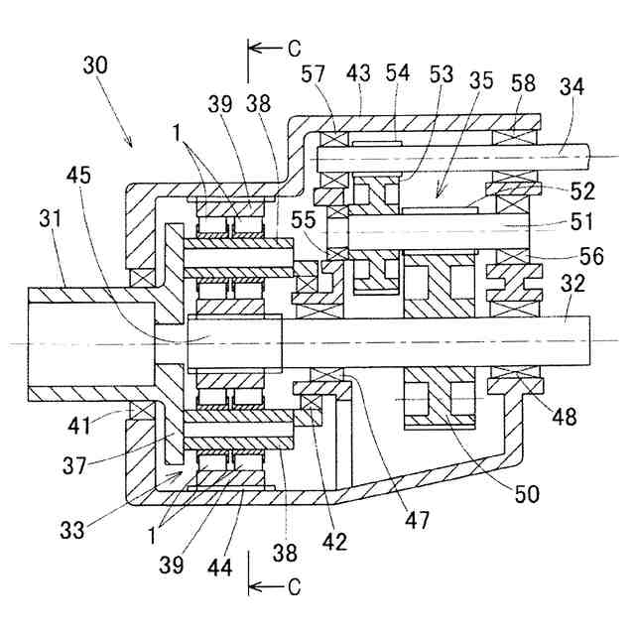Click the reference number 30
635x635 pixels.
(x=95, y=65)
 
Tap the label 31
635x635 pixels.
(x=51, y=218)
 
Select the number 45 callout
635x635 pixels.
(x=79, y=176)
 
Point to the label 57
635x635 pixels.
(x=314, y=74)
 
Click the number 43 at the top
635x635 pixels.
(x=358, y=73)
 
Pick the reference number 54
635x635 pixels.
(x=398, y=72)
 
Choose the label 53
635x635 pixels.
(x=441, y=74)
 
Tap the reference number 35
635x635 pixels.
(x=481, y=80)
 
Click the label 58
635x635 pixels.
(x=523, y=83)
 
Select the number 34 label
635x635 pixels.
(x=571, y=86)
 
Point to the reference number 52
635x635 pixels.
(x=582, y=191)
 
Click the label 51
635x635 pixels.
(x=581, y=221)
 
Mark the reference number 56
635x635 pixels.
(x=591, y=256)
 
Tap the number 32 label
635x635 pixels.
(x=573, y=284)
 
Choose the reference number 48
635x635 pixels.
(x=565, y=417)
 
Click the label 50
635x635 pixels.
(x=527, y=494)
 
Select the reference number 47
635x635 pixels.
(x=417, y=520)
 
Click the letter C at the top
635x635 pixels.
(x=295, y=49)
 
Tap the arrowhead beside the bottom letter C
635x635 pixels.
(x=253, y=587)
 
